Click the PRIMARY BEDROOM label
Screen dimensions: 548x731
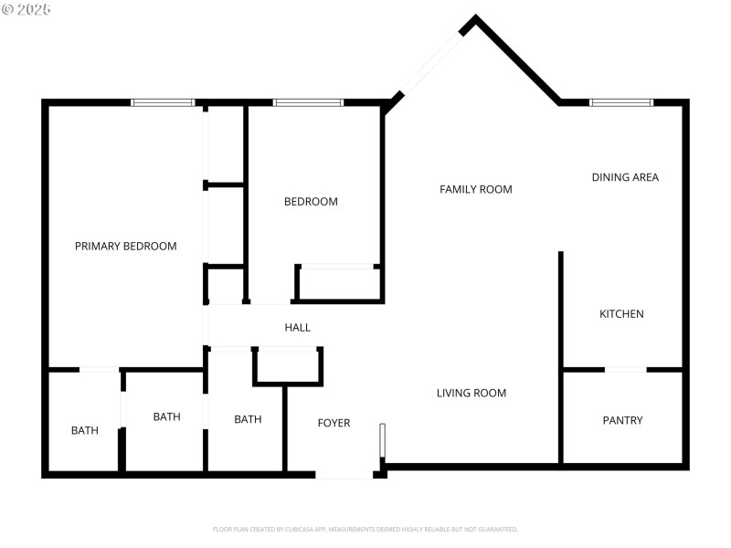click(x=125, y=246)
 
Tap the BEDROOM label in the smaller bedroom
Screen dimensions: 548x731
click(x=311, y=202)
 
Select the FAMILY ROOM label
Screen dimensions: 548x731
click(x=475, y=189)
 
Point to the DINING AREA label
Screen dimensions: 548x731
click(x=625, y=177)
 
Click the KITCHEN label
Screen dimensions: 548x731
click(x=621, y=314)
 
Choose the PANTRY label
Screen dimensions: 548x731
click(x=622, y=420)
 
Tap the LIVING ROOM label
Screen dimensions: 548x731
click(x=471, y=393)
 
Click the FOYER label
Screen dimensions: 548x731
click(x=334, y=423)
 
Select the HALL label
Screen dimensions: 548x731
click(x=297, y=327)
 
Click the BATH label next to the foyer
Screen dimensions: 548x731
click(x=248, y=419)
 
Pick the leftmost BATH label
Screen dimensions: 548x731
click(x=85, y=430)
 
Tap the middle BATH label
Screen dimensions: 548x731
click(x=166, y=416)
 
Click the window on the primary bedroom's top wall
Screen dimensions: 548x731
click(x=163, y=102)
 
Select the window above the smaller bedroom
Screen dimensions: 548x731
click(x=308, y=102)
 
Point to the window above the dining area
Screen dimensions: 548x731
click(x=621, y=102)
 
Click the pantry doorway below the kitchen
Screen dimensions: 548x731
click(x=626, y=369)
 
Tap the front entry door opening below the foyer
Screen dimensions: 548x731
click(x=344, y=475)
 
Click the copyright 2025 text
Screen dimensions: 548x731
click(x=26, y=9)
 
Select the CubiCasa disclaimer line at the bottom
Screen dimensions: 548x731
click(x=365, y=529)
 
